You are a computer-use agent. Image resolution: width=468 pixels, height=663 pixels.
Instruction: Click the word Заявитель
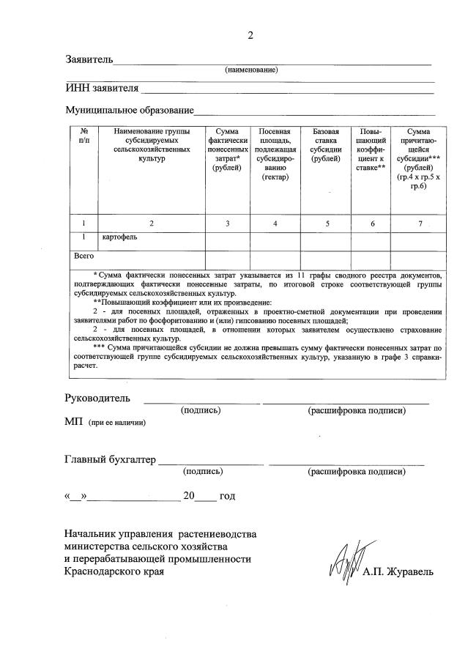point(89,59)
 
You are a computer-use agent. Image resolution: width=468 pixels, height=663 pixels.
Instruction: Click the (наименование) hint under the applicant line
point(251,70)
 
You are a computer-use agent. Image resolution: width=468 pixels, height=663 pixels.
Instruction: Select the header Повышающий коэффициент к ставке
point(371,149)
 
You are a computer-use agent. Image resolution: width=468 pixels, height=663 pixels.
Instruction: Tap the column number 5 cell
point(327,223)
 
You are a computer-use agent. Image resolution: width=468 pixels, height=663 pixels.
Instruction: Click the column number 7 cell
point(420,223)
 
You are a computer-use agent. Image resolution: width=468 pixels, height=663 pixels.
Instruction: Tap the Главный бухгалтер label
point(110,460)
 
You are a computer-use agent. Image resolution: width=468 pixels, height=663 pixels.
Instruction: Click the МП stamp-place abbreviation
point(73,423)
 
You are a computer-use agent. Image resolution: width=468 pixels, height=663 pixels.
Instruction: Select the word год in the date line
point(227,496)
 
